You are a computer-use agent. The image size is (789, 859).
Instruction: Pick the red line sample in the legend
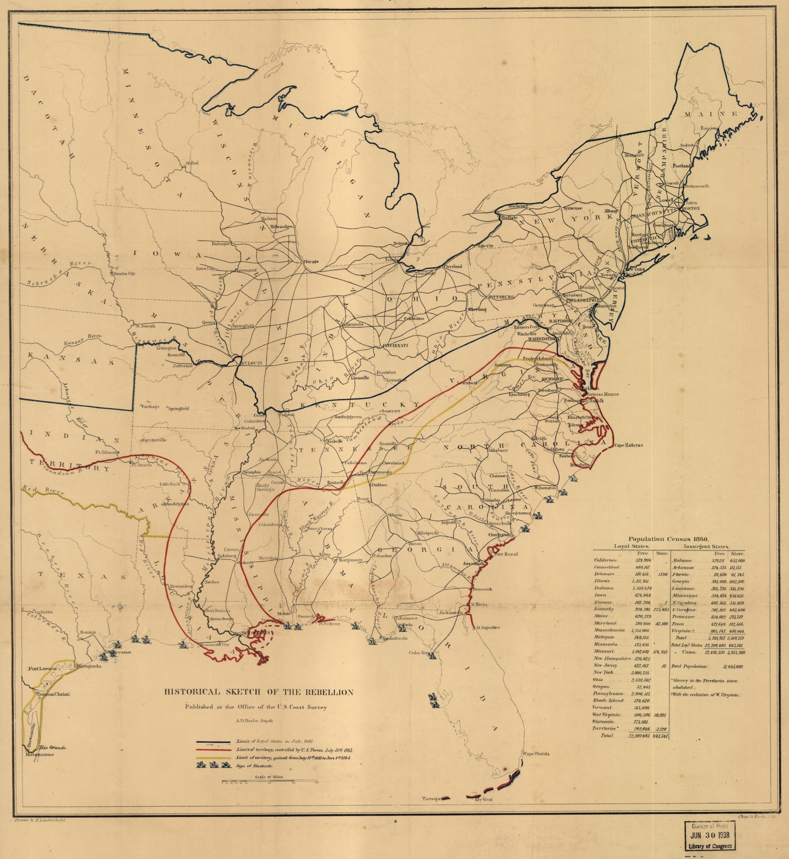click(215, 750)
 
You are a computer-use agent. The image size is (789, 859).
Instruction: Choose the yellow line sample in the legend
click(215, 758)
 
